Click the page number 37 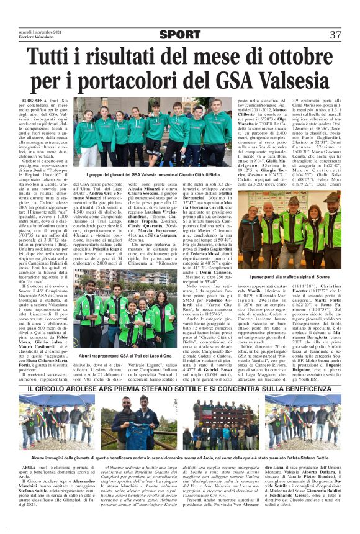[x=335, y=34]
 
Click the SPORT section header [x=180, y=34]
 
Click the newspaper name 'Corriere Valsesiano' [x=38, y=38]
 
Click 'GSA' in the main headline [x=232, y=83]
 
